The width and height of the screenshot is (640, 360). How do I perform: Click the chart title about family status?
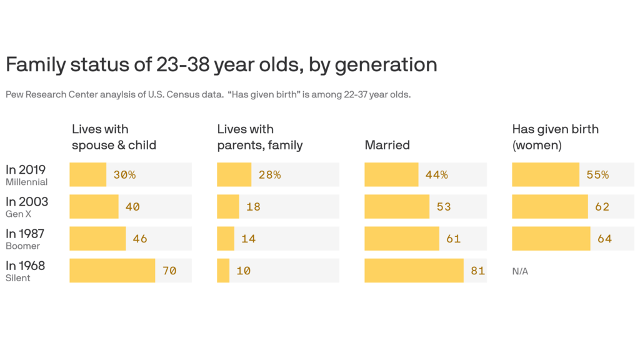pos(221,65)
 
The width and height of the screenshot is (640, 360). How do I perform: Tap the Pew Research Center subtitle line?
pos(207,95)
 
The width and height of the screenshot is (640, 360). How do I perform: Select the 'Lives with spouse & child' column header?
pos(114,137)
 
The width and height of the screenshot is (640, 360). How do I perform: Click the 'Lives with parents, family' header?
pos(259,137)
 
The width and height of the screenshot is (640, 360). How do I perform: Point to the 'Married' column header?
pos(387,145)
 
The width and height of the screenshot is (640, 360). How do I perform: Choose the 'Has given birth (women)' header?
pos(555,137)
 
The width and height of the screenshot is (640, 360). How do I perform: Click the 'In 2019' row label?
pos(26,169)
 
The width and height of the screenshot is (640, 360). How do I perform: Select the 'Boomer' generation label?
pos(20,246)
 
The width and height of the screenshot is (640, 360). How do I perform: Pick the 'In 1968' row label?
pos(26,266)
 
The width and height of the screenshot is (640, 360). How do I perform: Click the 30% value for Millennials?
pos(124,175)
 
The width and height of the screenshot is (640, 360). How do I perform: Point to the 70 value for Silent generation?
pos(169,271)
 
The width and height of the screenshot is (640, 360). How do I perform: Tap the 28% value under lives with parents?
pos(269,175)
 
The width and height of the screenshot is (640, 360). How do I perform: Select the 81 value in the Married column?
pos(477,271)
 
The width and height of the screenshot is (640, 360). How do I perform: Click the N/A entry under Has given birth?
pos(520,271)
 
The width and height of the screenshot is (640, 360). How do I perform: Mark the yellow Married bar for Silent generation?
pos(414,271)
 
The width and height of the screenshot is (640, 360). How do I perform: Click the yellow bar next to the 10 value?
pos(223,271)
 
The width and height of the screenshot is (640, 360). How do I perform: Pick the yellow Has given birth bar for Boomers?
pos(551,239)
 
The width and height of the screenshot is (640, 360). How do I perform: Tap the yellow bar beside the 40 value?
pos(94,207)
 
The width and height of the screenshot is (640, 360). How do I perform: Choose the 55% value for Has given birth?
pos(597,175)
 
